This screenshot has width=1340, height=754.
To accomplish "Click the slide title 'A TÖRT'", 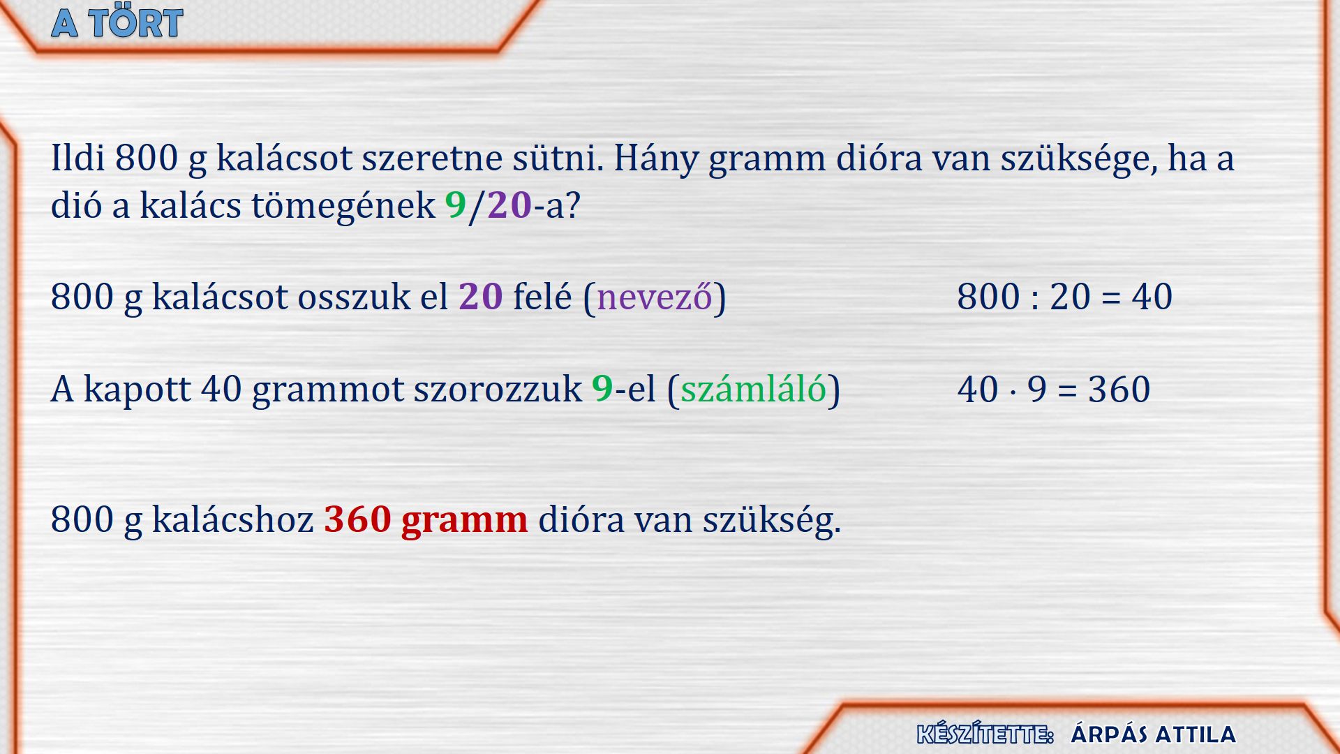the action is [117, 23].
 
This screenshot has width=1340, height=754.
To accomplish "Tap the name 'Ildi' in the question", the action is [78, 157].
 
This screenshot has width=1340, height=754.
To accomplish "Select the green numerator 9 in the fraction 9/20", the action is [456, 205].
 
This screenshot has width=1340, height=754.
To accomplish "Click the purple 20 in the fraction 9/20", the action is [509, 205].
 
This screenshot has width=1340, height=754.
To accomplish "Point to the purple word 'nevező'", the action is [655, 297].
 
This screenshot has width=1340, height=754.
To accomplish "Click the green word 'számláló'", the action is [754, 389].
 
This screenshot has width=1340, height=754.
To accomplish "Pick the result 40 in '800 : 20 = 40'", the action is [1152, 297].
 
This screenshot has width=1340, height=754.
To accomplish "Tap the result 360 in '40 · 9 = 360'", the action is [1119, 390].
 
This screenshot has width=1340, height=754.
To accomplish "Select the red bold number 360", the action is [357, 519].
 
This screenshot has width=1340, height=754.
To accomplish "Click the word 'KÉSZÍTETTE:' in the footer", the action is [985, 734].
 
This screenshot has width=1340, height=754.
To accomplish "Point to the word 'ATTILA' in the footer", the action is [1195, 734].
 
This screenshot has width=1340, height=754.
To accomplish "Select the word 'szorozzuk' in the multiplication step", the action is [498, 390].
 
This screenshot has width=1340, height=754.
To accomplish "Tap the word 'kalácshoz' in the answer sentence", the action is [233, 519].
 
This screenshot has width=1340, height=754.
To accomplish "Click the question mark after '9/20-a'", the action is [572, 205].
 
